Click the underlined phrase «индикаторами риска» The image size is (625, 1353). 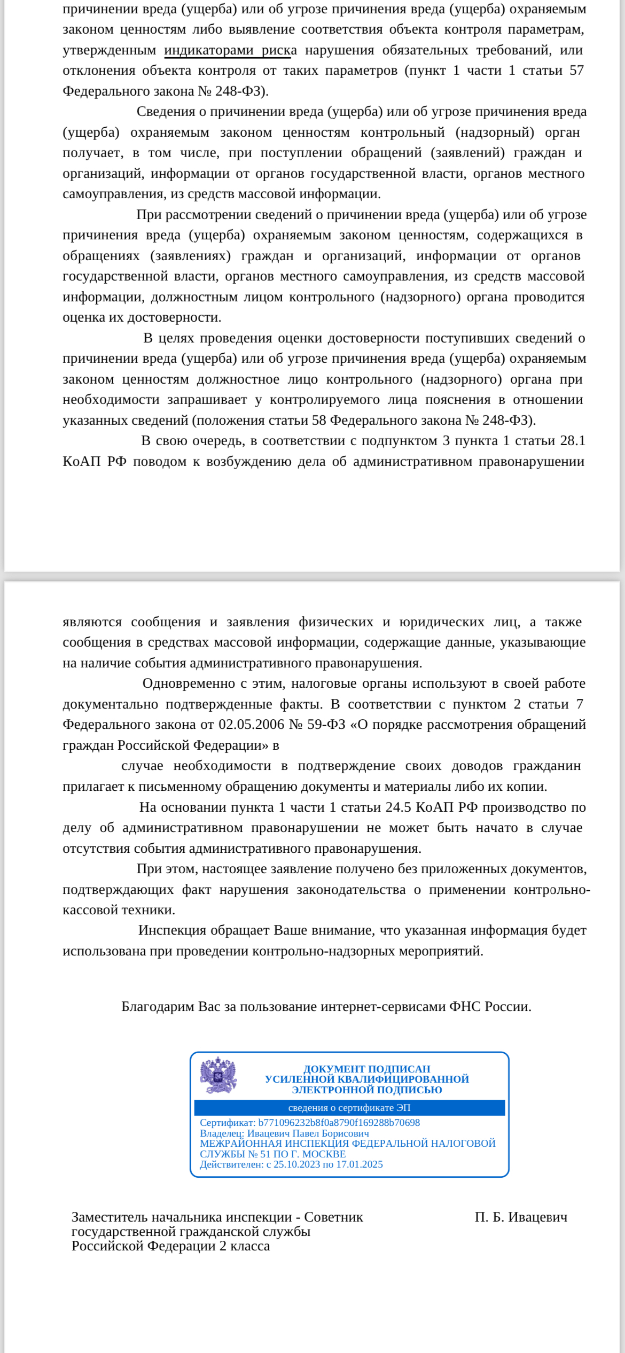230,50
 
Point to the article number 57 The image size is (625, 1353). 576,71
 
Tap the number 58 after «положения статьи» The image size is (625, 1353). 319,421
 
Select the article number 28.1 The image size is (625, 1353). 573,441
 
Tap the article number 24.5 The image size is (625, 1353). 399,807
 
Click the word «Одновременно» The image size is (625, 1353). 181,683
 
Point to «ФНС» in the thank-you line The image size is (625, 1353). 465,1007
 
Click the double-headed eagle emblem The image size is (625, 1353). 218,1075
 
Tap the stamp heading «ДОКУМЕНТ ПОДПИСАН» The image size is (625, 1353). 366,1069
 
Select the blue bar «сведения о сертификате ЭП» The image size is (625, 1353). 349,1108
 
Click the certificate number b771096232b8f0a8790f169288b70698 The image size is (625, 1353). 339,1123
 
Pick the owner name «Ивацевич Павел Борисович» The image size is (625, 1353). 308,1133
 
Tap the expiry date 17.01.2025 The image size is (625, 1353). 359,1164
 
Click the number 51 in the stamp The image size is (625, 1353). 265,1154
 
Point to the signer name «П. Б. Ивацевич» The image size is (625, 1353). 521,1217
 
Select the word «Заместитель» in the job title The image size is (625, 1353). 110,1217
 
